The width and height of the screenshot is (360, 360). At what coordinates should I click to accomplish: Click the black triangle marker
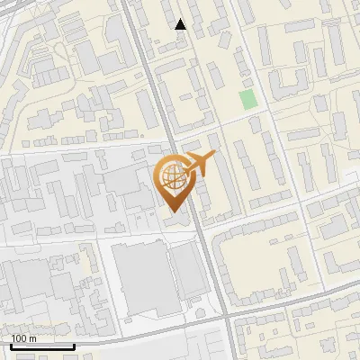coord(181,24)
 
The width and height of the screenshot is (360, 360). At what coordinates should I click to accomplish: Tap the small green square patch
coord(247,99)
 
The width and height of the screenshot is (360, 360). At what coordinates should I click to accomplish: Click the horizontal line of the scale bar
coord(42,346)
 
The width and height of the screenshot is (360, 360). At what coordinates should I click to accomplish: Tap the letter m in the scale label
coord(32,338)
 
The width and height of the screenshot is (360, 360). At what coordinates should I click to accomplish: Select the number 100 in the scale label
coord(20,338)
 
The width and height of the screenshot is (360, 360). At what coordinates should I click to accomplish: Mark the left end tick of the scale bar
coord(11,344)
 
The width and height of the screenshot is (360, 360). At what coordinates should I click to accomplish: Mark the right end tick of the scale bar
coord(74,344)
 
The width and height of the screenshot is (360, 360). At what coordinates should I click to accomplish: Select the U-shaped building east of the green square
coord(286,84)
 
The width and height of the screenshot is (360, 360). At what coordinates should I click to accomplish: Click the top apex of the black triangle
coord(181,19)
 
